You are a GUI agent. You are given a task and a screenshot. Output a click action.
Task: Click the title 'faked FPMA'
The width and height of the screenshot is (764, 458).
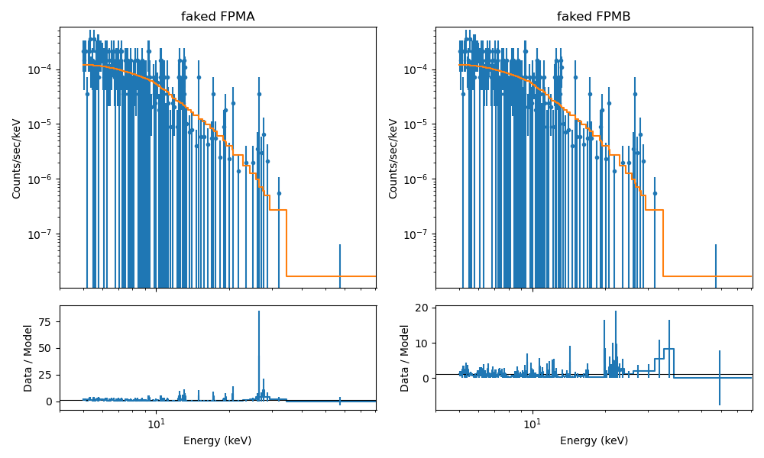tap(218, 17)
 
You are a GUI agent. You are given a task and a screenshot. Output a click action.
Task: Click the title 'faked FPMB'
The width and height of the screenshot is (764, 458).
tap(594, 17)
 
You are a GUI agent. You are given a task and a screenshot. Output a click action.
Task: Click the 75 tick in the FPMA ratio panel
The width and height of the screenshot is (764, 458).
tap(47, 322)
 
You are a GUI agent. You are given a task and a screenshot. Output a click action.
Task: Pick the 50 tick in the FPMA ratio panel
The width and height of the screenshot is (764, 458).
tap(47, 348)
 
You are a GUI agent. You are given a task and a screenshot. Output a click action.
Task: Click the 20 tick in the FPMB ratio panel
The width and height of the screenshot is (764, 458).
tap(424, 308)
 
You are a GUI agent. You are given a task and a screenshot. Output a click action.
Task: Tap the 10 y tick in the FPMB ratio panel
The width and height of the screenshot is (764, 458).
tap(424, 343)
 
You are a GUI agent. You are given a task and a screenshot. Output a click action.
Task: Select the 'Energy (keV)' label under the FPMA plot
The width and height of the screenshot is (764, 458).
tap(218, 440)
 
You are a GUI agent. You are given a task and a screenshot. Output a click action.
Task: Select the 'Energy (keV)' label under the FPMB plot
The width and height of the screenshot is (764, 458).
tap(594, 440)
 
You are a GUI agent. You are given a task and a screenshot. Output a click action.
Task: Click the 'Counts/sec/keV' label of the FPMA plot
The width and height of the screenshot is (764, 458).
tap(17, 158)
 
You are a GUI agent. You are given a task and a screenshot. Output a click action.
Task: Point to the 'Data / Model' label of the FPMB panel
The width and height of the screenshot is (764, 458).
tap(405, 358)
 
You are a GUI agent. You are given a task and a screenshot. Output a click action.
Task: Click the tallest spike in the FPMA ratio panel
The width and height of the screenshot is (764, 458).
tap(259, 313)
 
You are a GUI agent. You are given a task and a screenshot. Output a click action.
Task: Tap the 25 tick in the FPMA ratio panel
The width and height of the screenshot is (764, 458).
tap(47, 375)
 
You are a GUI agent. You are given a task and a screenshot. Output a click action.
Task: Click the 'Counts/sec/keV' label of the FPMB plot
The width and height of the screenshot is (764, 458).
tap(393, 158)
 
